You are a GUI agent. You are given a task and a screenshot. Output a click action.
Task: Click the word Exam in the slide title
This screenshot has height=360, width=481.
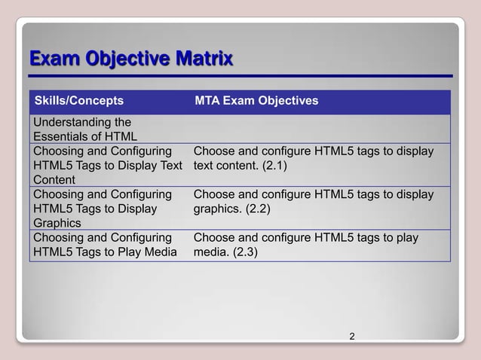pyautogui.click(x=51, y=58)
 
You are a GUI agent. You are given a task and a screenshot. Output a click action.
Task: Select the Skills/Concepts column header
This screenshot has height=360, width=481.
pyautogui.click(x=78, y=101)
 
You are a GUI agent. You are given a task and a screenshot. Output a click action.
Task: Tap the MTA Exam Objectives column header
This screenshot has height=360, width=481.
pyautogui.click(x=256, y=101)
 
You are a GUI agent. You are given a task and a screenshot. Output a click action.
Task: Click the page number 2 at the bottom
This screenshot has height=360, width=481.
pyautogui.click(x=352, y=336)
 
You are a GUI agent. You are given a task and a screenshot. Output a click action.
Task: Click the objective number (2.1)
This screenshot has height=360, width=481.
pyautogui.click(x=274, y=166)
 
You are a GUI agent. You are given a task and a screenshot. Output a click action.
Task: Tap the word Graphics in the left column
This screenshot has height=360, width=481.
pyautogui.click(x=54, y=223)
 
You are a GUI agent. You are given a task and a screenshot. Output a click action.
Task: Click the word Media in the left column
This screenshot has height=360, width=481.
pyautogui.click(x=160, y=252)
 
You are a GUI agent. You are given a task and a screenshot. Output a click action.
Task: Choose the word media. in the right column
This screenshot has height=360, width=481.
pyautogui.click(x=209, y=252)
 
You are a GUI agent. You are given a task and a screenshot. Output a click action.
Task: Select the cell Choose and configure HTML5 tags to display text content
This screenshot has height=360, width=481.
pyautogui.click(x=314, y=158)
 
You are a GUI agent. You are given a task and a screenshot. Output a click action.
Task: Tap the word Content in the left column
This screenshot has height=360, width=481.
pyautogui.click(x=54, y=180)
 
